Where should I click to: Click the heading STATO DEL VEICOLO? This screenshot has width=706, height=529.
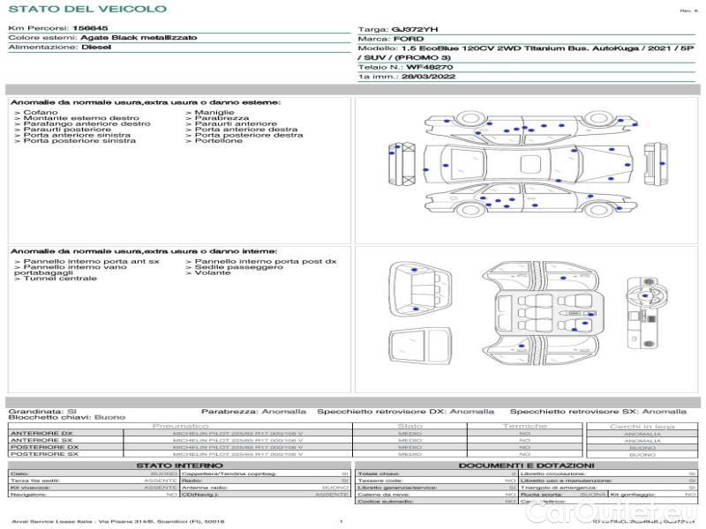[x=86, y=9]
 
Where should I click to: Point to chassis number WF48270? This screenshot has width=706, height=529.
[x=430, y=67]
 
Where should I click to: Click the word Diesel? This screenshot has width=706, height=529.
[x=96, y=48]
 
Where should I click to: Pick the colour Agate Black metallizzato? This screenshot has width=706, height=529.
[x=133, y=38]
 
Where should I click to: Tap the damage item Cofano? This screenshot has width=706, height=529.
[x=41, y=113]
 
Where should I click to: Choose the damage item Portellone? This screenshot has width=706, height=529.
[x=219, y=141]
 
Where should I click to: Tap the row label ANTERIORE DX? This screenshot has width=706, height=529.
[x=41, y=434]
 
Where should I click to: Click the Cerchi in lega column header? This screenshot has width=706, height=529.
[x=642, y=427]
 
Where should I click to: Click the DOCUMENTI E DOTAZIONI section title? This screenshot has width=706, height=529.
[x=526, y=465]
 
